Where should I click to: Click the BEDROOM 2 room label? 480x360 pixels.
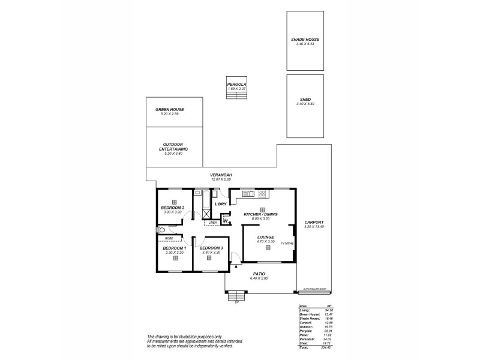(173, 208)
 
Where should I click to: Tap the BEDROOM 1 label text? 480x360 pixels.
(175, 248)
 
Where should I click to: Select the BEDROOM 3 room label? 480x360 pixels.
(211, 248)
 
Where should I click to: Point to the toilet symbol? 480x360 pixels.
(161, 230)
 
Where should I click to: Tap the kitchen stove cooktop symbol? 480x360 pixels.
(262, 194)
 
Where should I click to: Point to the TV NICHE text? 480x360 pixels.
(287, 243)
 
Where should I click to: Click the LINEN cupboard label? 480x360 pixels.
(212, 222)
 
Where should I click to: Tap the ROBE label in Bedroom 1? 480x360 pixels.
(170, 239)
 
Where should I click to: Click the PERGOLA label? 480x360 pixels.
(237, 85)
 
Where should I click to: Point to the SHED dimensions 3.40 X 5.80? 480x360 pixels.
(305, 104)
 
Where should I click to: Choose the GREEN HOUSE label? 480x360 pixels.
(170, 109)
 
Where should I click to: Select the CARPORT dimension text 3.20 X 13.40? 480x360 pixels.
(314, 226)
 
